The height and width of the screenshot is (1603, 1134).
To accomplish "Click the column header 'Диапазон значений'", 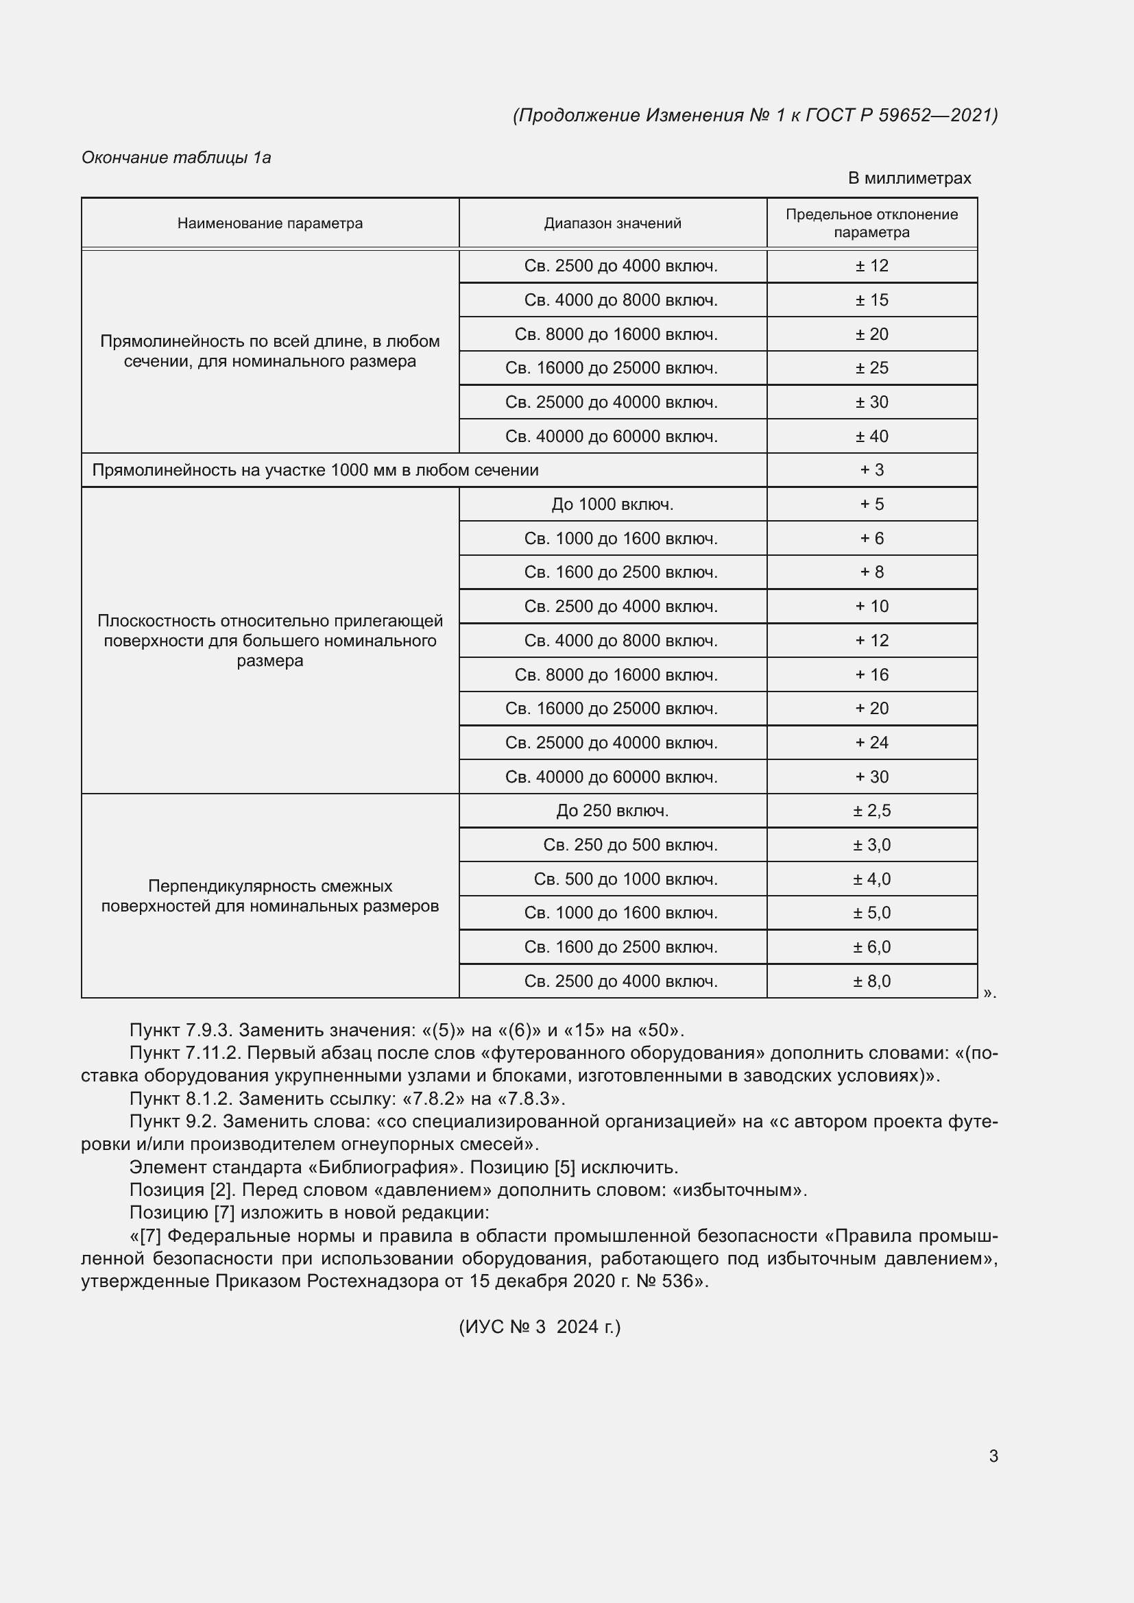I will pyautogui.click(x=612, y=223).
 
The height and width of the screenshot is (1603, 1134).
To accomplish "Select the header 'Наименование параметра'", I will pyautogui.click(x=269, y=223).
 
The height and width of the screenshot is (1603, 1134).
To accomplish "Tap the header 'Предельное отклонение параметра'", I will pyautogui.click(x=871, y=223).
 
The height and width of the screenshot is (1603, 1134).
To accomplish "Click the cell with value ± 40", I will pyautogui.click(x=871, y=437).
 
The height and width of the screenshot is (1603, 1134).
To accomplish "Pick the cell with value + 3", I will pyautogui.click(x=871, y=470).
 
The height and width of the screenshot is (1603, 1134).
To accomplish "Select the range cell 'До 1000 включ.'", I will pyautogui.click(x=612, y=504).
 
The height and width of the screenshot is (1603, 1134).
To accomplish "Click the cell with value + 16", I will pyautogui.click(x=871, y=674).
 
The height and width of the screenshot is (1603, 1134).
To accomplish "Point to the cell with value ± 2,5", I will pyautogui.click(x=871, y=811).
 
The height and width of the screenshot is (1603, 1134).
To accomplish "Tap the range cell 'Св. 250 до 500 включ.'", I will pyautogui.click(x=630, y=845).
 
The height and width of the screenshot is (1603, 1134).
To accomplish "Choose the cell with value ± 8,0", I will pyautogui.click(x=871, y=981).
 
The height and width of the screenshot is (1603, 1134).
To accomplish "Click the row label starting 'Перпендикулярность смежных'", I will pyautogui.click(x=269, y=896).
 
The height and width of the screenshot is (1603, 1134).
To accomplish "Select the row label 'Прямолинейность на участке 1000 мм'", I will pyautogui.click(x=315, y=470).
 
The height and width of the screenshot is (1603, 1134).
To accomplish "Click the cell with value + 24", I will pyautogui.click(x=871, y=742).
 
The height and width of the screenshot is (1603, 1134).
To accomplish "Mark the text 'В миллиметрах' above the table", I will pyautogui.click(x=909, y=178).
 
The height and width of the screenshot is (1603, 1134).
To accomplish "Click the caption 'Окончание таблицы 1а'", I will pyautogui.click(x=176, y=158).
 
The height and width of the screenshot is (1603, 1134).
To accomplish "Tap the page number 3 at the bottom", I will pyautogui.click(x=993, y=1456).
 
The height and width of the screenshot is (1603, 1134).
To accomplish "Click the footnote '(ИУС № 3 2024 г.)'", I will pyautogui.click(x=539, y=1327).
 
